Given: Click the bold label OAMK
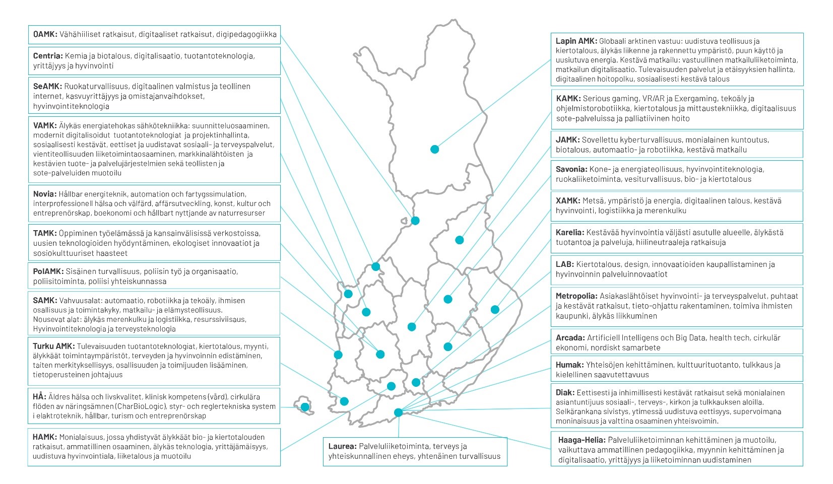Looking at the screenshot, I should pyautogui.click(x=45, y=35).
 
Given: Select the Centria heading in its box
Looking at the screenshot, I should pyautogui.click(x=48, y=56).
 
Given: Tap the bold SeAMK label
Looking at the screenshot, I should pyautogui.click(x=47, y=86).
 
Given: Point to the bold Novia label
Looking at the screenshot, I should pyautogui.click(x=44, y=194).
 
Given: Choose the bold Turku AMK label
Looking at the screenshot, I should pyautogui.click(x=54, y=347).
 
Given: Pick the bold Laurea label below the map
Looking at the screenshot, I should pyautogui.click(x=343, y=446).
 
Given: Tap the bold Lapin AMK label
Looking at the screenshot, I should pyautogui.click(x=576, y=41).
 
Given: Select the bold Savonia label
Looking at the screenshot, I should pyautogui.click(x=571, y=169).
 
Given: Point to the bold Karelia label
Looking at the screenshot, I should pyautogui.click(x=570, y=233).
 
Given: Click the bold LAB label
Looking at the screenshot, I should pyautogui.click(x=564, y=264).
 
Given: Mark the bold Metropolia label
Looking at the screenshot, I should pyautogui.click(x=576, y=296).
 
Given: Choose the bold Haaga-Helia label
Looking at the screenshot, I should pyautogui.click(x=582, y=440).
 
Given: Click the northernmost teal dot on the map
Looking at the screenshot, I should pyautogui.click(x=434, y=149).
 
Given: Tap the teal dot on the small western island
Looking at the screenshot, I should pyautogui.click(x=305, y=407).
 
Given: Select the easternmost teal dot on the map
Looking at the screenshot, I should pyautogui.click(x=495, y=309).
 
